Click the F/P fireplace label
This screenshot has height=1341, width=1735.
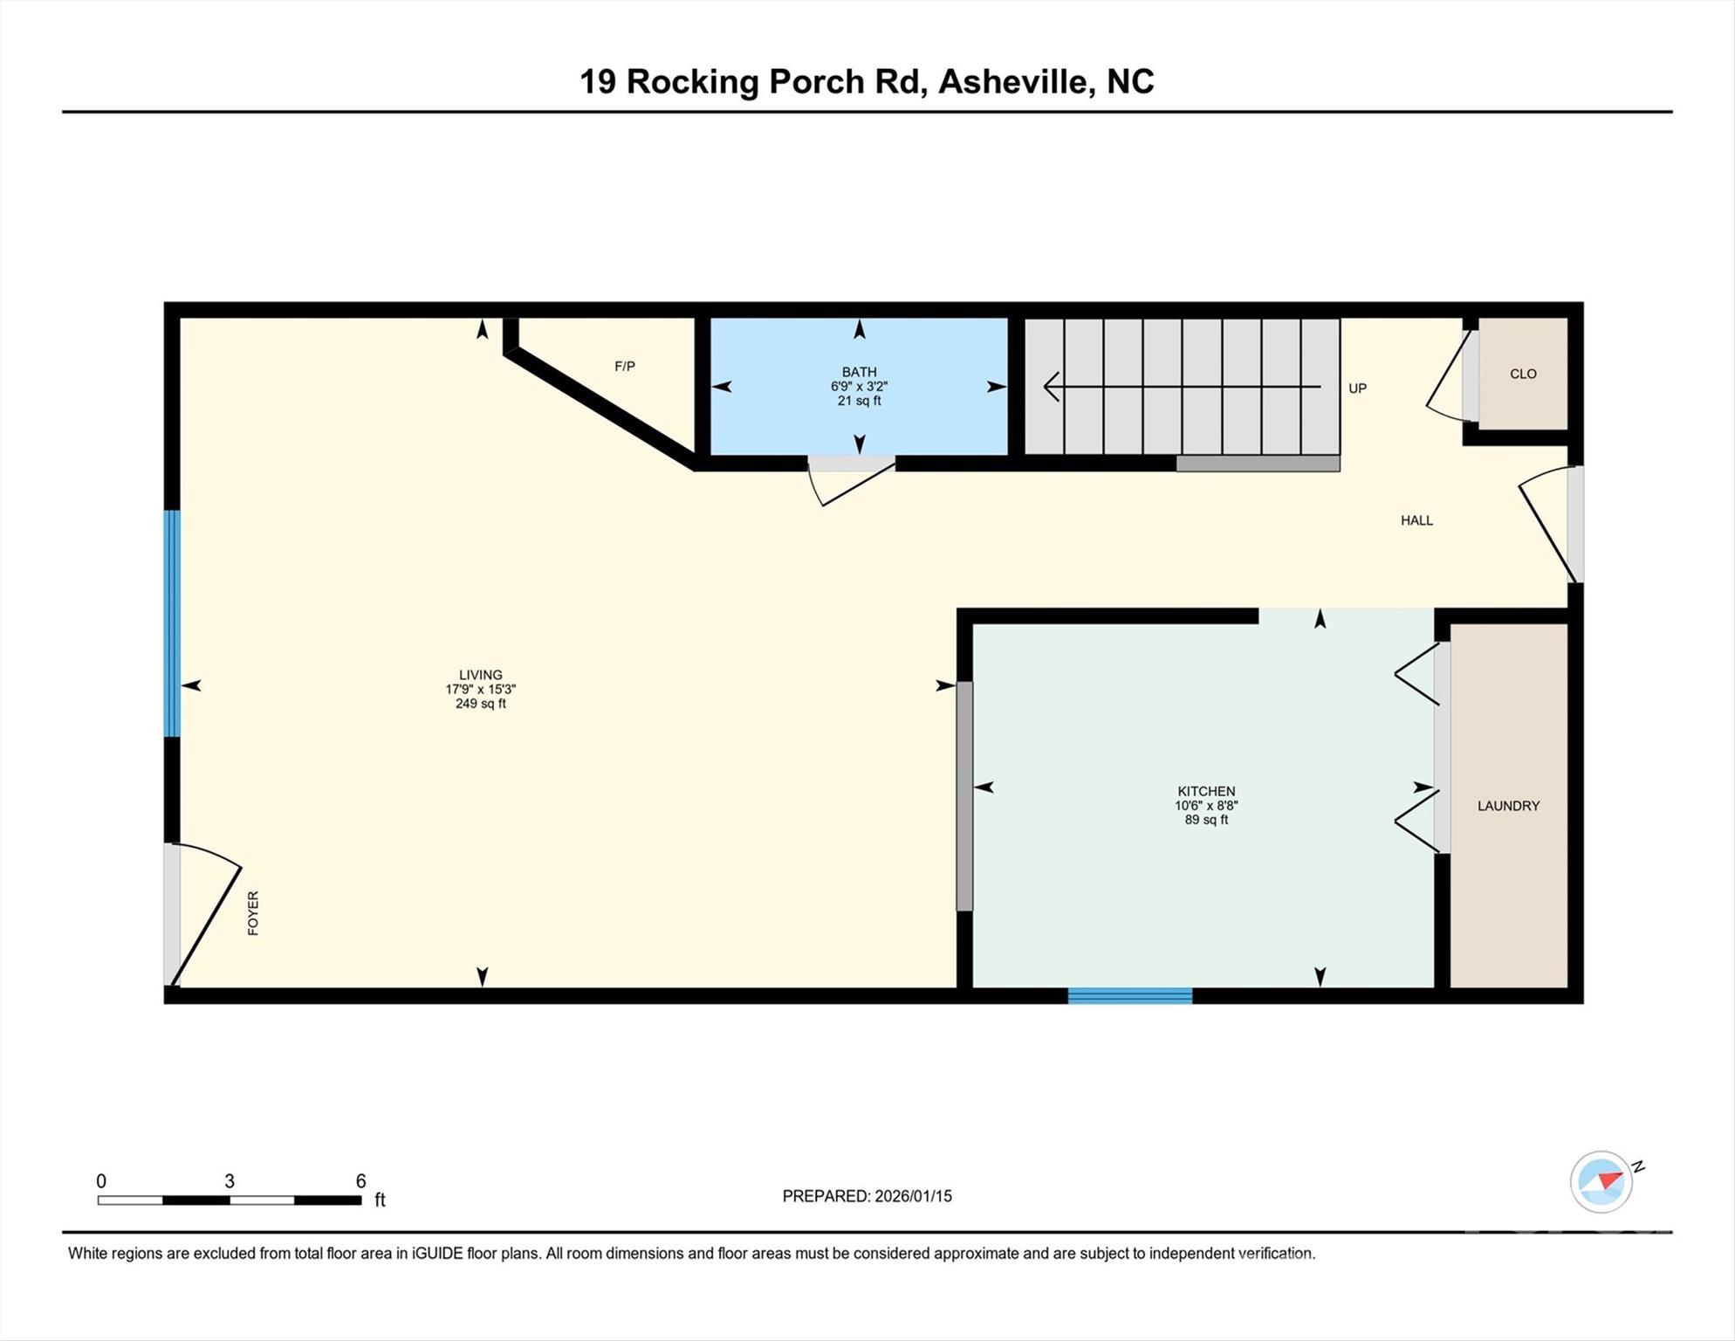pyautogui.click(x=624, y=367)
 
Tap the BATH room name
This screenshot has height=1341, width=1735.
pyautogui.click(x=859, y=372)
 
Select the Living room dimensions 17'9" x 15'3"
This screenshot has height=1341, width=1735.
pyautogui.click(x=480, y=689)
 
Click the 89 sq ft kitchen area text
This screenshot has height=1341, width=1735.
pyautogui.click(x=1206, y=820)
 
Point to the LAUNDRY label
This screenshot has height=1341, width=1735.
pyautogui.click(x=1508, y=806)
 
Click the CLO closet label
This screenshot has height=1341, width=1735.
pyautogui.click(x=1523, y=374)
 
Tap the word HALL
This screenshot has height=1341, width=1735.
pyautogui.click(x=1416, y=520)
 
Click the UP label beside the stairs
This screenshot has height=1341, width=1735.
pyautogui.click(x=1357, y=389)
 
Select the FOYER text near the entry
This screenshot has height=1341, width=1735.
pyautogui.click(x=253, y=913)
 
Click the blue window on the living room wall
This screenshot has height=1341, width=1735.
pyautogui.click(x=173, y=623)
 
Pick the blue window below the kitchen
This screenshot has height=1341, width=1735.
pyautogui.click(x=1129, y=995)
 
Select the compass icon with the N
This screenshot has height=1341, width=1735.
pyautogui.click(x=1601, y=1182)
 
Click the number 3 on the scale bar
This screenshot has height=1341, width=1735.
pyautogui.click(x=230, y=1181)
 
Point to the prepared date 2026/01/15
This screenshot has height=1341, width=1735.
pyautogui.click(x=913, y=1196)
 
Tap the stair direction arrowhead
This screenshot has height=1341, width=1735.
pyautogui.click(x=1052, y=387)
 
